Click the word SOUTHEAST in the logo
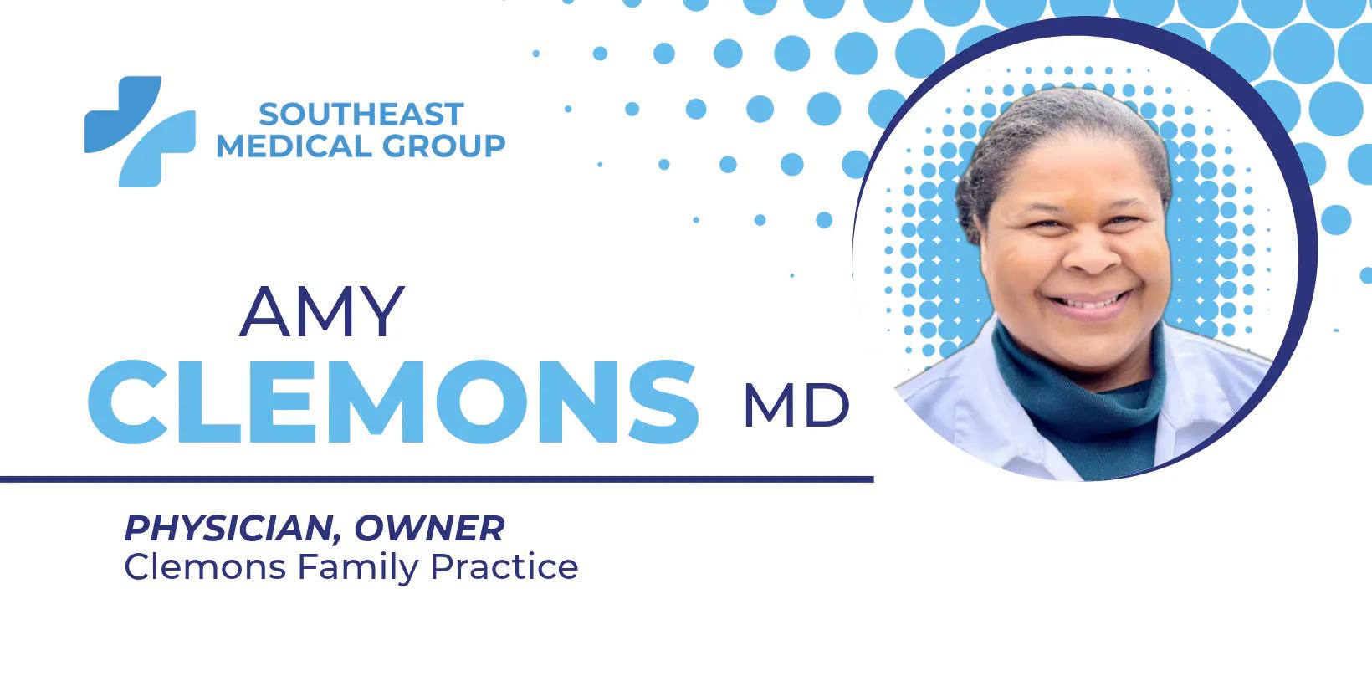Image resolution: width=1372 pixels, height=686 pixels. (x=361, y=114)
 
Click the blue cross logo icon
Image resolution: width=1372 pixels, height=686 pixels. (x=140, y=131)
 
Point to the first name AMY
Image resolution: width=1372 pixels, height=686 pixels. (x=322, y=311)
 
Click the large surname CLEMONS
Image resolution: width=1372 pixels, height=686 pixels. (x=393, y=402)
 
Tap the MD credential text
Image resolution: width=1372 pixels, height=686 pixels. (x=796, y=407)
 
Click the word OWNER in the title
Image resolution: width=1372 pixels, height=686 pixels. (x=429, y=528)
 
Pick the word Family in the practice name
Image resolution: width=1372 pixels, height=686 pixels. (x=358, y=568)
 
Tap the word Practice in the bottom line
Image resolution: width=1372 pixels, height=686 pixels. (x=504, y=566)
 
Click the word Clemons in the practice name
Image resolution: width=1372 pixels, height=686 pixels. (x=205, y=566)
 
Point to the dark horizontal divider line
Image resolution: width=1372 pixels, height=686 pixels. (x=435, y=479)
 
